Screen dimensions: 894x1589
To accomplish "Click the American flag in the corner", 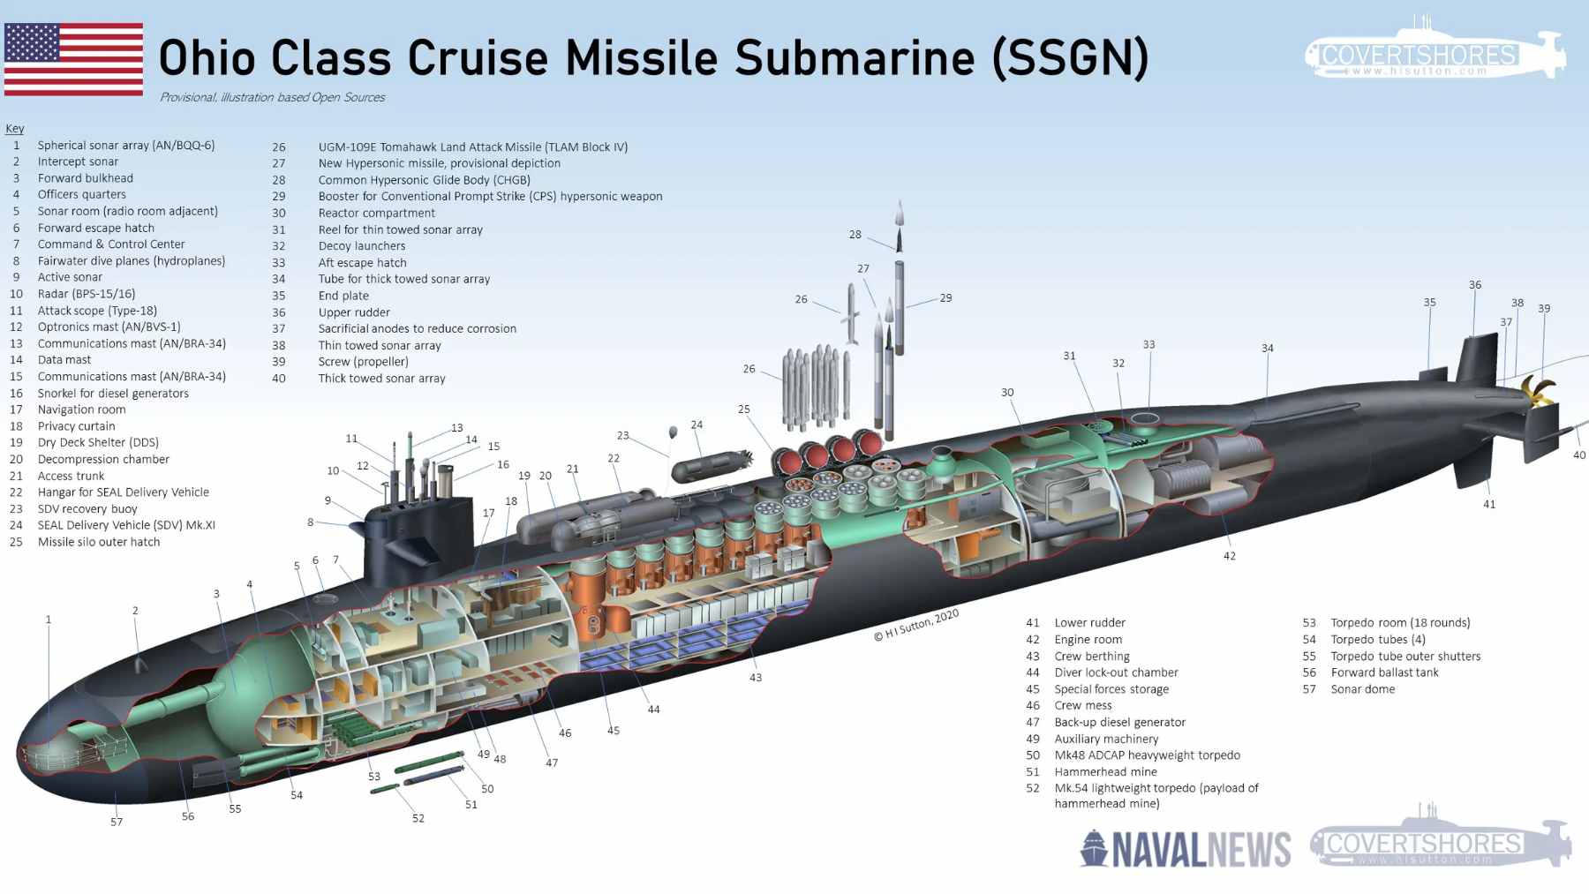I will click(73, 58).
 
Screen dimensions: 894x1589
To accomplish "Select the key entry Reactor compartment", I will click(377, 213).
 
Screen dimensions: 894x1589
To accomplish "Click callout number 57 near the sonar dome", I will click(117, 822).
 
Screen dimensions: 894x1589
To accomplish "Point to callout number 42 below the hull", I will click(1229, 556).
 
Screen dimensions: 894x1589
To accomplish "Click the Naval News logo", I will click(1185, 848).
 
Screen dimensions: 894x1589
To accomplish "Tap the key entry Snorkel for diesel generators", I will click(113, 394).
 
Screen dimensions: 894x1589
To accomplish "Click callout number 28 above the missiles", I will click(855, 235).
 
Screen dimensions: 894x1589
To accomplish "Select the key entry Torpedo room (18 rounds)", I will click(1400, 623).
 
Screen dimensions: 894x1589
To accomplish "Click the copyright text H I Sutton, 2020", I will click(915, 626).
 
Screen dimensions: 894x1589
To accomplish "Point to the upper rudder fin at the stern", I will click(1477, 358).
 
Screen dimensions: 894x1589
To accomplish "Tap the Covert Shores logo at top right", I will click(1434, 53).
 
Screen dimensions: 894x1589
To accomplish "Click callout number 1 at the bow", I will click(49, 620).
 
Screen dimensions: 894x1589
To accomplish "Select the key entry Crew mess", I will click(1082, 705).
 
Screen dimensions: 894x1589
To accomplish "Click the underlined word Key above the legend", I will click(15, 129).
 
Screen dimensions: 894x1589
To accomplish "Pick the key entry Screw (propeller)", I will click(363, 362).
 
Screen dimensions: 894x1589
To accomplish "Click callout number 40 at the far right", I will click(1578, 455).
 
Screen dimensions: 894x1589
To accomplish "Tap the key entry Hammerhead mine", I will click(1105, 771).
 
